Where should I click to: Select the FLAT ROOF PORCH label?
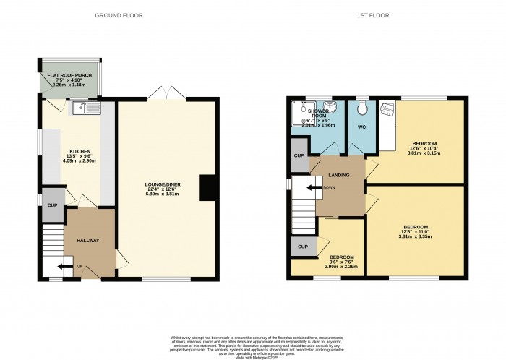pyautogui.click(x=70, y=75)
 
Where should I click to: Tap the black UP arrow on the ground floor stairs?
pyautogui.click(x=67, y=266)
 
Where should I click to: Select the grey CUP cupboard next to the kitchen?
pyautogui.click(x=51, y=205)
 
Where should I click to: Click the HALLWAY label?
pyautogui.click(x=88, y=241)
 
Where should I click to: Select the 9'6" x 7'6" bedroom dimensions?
pyautogui.click(x=341, y=263)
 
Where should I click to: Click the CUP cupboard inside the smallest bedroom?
pyautogui.click(x=302, y=247)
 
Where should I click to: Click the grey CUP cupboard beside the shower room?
pyautogui.click(x=299, y=155)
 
